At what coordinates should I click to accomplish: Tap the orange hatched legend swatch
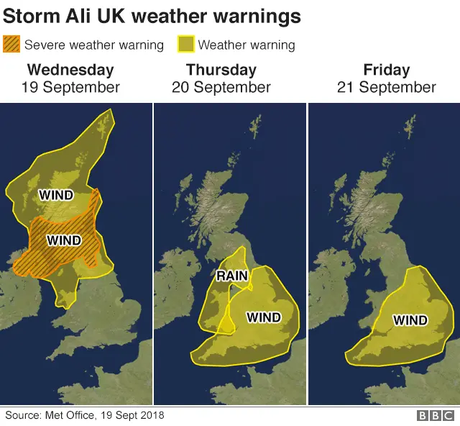(12, 45)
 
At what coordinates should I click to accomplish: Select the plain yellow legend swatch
(186, 45)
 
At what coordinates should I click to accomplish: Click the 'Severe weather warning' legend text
(94, 45)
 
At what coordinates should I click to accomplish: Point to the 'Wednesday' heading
(70, 70)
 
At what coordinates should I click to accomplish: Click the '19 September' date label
(70, 88)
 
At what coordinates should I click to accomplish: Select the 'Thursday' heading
(221, 70)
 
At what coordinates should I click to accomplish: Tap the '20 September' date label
(221, 88)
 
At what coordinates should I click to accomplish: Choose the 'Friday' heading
(387, 70)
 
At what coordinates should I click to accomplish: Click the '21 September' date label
(387, 88)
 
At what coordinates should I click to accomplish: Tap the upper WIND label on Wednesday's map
(56, 194)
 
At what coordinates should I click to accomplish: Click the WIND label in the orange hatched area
(63, 240)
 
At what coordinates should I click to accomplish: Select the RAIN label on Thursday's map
(232, 275)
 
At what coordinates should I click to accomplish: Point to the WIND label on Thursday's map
(264, 317)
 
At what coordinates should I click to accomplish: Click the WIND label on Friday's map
(410, 319)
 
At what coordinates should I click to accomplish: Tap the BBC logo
(436, 416)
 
